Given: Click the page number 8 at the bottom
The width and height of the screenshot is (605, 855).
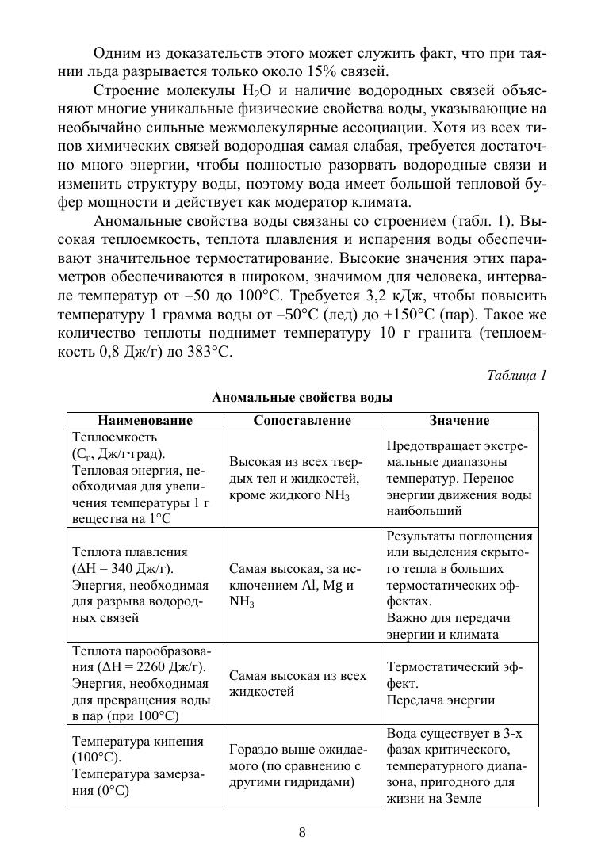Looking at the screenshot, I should click(302, 832).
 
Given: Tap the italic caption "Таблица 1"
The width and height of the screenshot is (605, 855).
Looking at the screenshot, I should click(517, 376).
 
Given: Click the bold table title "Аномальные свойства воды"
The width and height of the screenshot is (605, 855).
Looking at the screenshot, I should click(302, 397).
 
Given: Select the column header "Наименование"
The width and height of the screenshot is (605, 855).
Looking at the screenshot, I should click(145, 421).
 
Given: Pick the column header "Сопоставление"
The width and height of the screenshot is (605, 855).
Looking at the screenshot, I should click(302, 421).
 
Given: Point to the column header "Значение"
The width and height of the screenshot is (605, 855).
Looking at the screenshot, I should click(459, 421).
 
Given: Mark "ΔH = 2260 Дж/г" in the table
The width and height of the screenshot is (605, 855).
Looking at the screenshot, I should click(140, 667).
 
